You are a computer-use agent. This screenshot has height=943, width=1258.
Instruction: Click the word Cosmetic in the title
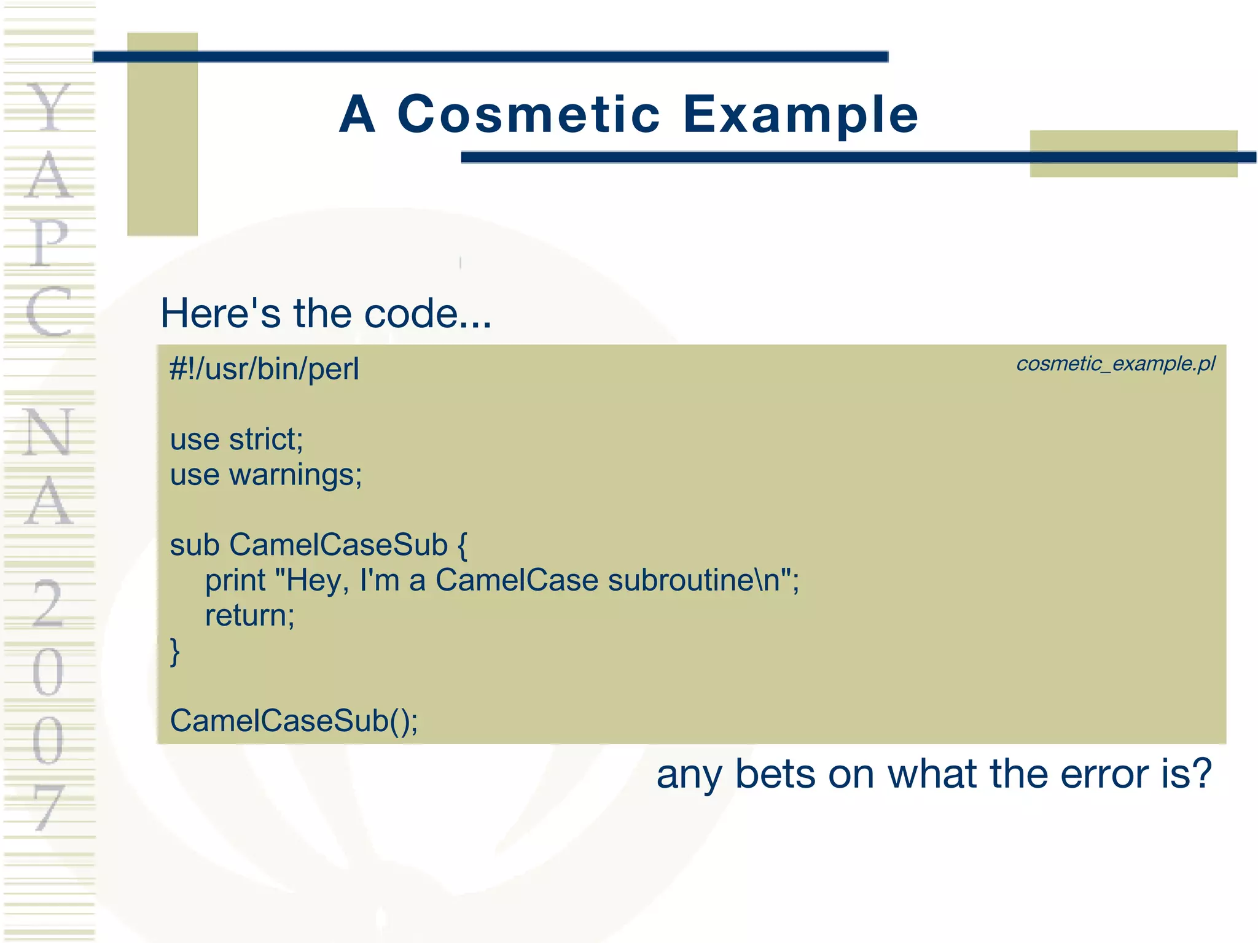point(529,114)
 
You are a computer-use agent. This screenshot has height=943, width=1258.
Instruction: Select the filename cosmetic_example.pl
point(1115,364)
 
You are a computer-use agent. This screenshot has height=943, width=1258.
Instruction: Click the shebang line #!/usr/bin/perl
point(264,370)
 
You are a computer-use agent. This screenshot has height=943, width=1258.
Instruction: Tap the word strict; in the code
point(266,440)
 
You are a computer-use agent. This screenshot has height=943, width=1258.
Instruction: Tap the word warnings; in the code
point(295,475)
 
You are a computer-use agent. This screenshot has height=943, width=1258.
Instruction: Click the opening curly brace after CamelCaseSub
point(462,546)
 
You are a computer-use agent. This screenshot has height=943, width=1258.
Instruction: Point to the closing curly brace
point(175,652)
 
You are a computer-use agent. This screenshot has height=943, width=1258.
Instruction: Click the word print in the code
point(235,581)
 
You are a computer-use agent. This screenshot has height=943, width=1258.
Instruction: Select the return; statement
point(249,616)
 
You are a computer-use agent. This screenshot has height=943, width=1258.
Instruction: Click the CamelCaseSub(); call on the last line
point(294,721)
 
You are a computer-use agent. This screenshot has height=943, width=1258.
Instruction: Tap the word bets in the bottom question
point(776,774)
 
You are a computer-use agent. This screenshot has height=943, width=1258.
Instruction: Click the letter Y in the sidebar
point(49,107)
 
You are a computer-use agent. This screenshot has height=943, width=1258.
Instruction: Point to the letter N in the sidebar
point(49,433)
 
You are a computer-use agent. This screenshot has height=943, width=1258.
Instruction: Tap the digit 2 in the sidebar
point(48,605)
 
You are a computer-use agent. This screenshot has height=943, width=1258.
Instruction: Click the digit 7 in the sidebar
point(48,807)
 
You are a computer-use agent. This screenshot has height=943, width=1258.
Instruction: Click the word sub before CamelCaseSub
point(194,545)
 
